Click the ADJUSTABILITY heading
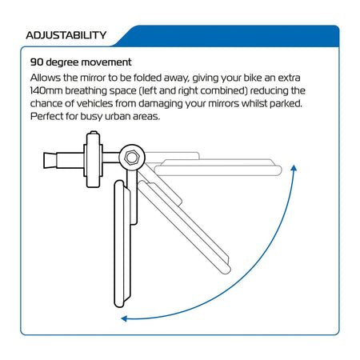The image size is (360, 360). tap(66, 35)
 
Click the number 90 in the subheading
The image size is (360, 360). tap(37, 62)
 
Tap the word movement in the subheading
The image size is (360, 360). tap(106, 62)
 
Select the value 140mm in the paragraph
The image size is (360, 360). tap(46, 90)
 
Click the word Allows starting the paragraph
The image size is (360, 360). tap(46, 78)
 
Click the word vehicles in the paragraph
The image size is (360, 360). tap(94, 103)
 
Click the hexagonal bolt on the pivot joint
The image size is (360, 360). tap(131, 158)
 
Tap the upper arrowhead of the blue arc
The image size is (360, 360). tap(294, 168)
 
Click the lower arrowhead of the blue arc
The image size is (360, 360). tap(124, 318)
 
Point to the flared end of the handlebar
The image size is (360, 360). tap(50, 160)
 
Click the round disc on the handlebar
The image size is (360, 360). tap(94, 159)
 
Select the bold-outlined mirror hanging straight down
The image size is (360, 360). tap(122, 244)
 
